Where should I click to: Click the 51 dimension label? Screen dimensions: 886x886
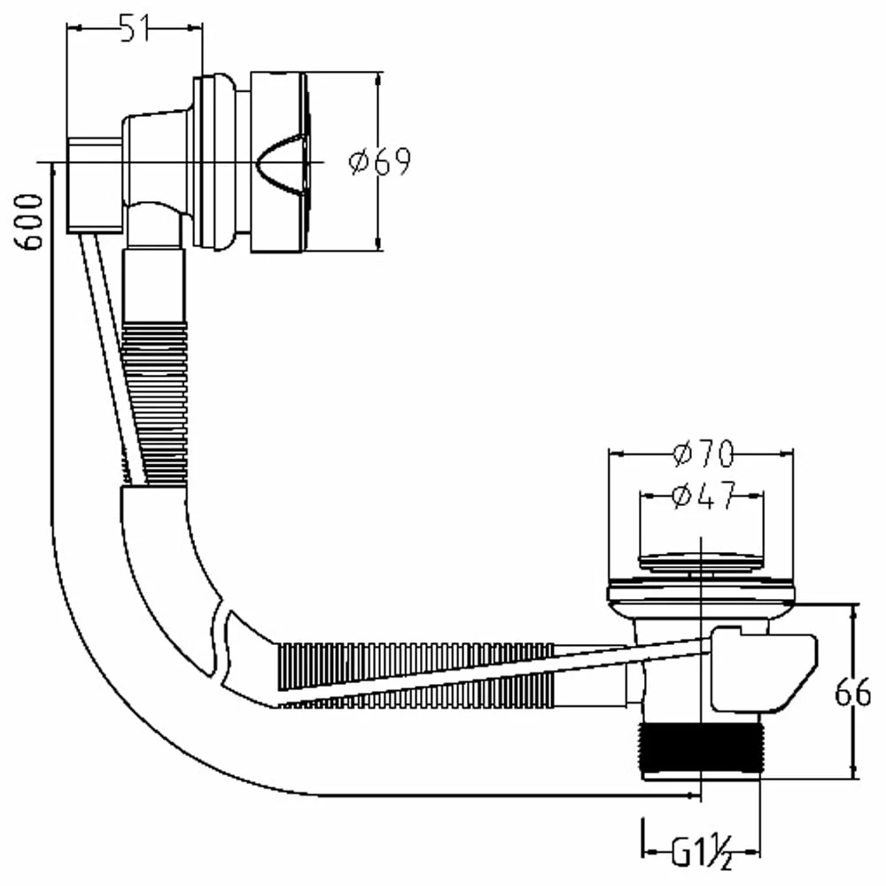(x=135, y=28)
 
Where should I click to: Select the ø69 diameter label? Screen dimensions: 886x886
(x=380, y=161)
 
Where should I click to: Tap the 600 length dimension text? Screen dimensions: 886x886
(x=28, y=221)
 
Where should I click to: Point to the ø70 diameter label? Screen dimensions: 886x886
(x=703, y=453)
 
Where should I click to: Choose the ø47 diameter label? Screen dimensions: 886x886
(x=704, y=495)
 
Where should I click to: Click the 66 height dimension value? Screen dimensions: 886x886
(x=852, y=692)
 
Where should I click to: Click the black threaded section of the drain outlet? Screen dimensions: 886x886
(x=701, y=748)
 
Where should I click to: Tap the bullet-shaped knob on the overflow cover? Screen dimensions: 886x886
(x=280, y=161)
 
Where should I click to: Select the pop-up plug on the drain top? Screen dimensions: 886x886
(x=701, y=561)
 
